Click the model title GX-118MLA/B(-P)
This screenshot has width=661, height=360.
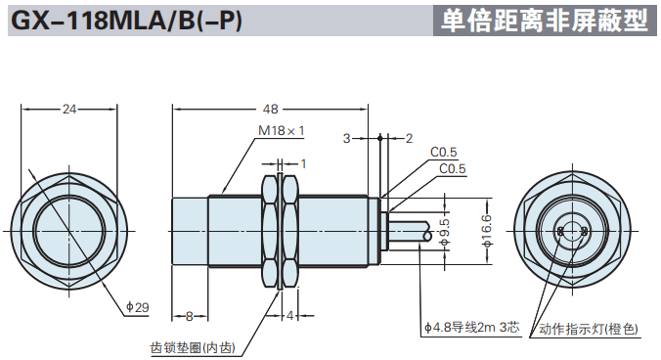click(x=126, y=21)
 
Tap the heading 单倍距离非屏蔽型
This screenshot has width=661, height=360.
click(x=545, y=21)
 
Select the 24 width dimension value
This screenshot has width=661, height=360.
click(x=69, y=110)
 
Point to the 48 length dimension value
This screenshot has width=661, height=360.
click(x=271, y=110)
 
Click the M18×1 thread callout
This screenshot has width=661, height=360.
click(x=282, y=131)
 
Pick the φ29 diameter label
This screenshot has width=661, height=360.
click(x=138, y=307)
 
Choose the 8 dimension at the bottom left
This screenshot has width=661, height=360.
click(x=190, y=316)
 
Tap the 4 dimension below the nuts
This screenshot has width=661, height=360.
click(x=290, y=315)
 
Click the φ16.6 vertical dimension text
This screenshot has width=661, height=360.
click(x=487, y=231)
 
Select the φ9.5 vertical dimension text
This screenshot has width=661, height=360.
click(x=445, y=232)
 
